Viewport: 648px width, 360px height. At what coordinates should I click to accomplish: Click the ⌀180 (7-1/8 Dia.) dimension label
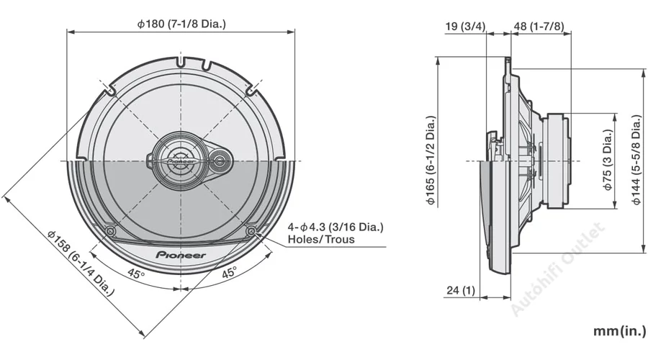[x=181, y=24]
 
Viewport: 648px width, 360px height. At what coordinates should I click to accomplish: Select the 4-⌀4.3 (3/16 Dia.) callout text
[x=336, y=227]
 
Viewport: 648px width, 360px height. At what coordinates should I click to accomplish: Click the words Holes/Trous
[x=321, y=239]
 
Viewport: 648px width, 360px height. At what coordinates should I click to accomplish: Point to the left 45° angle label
[x=136, y=274]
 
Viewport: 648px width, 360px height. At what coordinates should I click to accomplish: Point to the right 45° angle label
[x=228, y=274]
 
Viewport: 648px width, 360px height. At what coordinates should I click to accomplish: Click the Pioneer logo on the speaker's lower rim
[x=181, y=255]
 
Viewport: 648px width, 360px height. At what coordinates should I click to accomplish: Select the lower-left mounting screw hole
[x=110, y=231]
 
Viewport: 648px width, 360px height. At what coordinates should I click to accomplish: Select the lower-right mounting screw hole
[x=251, y=231]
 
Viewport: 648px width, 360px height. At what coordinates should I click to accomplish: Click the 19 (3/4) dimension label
[x=465, y=27]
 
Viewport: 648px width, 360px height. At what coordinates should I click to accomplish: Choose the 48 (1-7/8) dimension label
[x=539, y=27]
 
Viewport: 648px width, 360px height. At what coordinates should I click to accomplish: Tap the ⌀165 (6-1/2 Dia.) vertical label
[x=431, y=161]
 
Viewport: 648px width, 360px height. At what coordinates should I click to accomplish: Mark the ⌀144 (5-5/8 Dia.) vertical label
[x=636, y=161]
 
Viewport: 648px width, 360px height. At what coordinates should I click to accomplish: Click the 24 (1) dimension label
[x=461, y=290]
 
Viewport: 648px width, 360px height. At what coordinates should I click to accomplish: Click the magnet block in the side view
[x=557, y=161]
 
